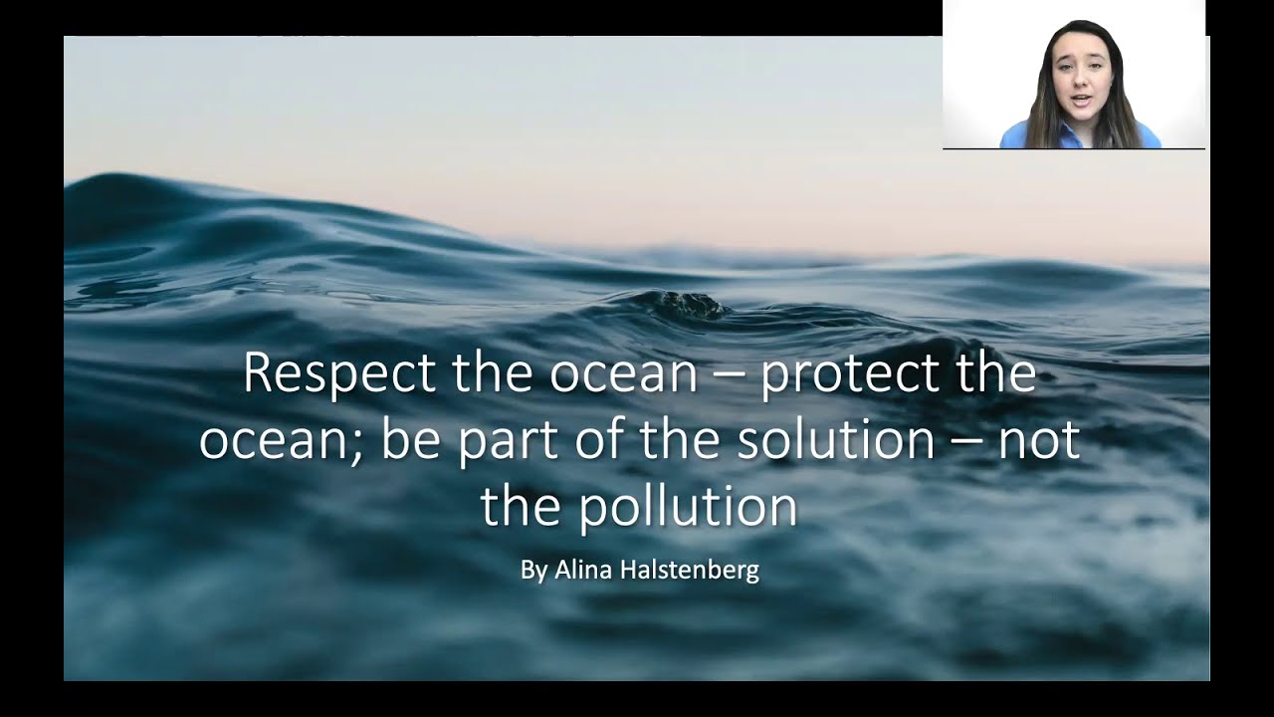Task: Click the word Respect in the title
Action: coord(339,373)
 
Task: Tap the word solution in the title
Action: coord(835,439)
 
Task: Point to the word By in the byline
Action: coord(532,571)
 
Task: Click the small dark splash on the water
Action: coord(688,303)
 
